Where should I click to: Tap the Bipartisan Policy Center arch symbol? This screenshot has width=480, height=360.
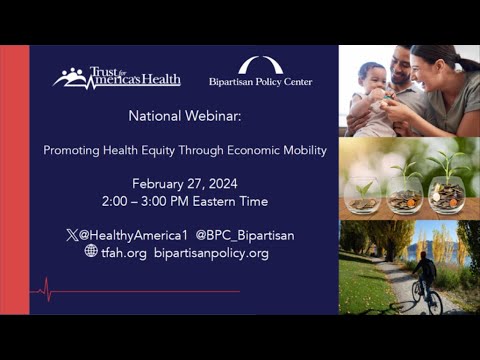(260, 66)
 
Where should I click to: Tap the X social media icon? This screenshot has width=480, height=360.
(71, 235)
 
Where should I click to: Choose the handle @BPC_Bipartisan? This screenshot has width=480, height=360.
(245, 235)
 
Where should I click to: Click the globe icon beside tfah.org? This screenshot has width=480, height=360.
(90, 252)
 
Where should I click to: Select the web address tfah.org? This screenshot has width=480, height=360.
(123, 253)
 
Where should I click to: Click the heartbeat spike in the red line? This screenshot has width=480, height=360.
(45, 291)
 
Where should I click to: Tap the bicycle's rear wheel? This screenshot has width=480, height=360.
(435, 303)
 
